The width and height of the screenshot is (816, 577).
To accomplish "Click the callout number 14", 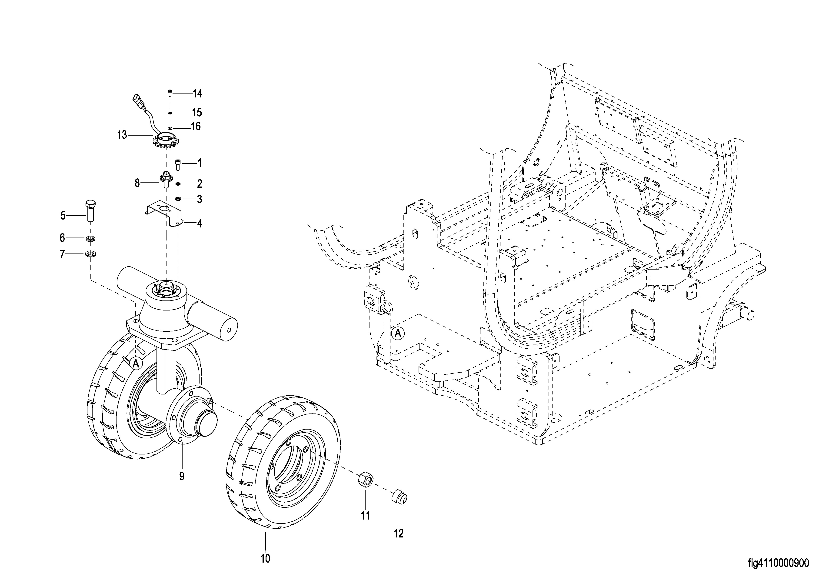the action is (x=198, y=93).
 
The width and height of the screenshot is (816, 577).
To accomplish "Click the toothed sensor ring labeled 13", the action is (x=165, y=140).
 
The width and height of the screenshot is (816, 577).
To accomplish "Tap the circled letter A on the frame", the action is (x=398, y=333).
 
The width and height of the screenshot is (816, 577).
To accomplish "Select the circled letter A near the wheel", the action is (x=135, y=363).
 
